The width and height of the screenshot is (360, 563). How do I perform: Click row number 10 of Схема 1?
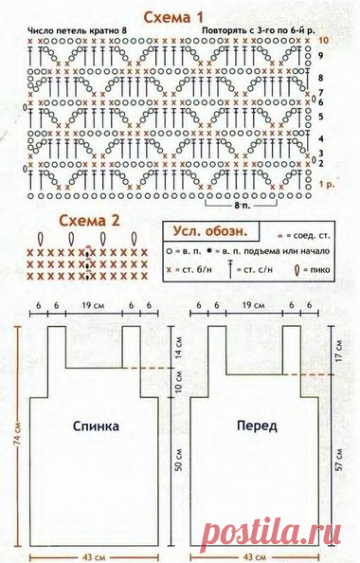point(324,43)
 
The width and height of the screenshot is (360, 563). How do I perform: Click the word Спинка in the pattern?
point(97,427)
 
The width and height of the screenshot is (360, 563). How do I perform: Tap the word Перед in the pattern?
point(257,427)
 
